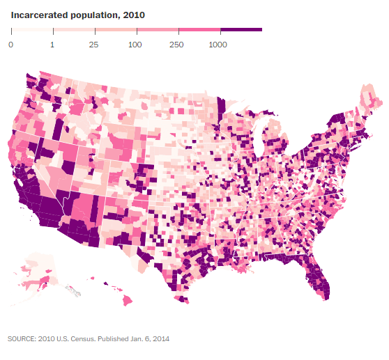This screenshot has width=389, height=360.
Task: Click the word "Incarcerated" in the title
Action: click(x=36, y=14)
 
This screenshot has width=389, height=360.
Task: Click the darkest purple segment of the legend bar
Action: click(x=241, y=30)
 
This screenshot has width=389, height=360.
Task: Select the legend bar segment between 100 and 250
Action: click(x=158, y=30)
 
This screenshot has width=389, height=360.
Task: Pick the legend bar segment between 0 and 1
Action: click(x=32, y=30)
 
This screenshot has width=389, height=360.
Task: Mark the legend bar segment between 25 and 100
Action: click(x=116, y=30)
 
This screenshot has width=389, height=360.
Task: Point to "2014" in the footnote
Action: click(x=160, y=339)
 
